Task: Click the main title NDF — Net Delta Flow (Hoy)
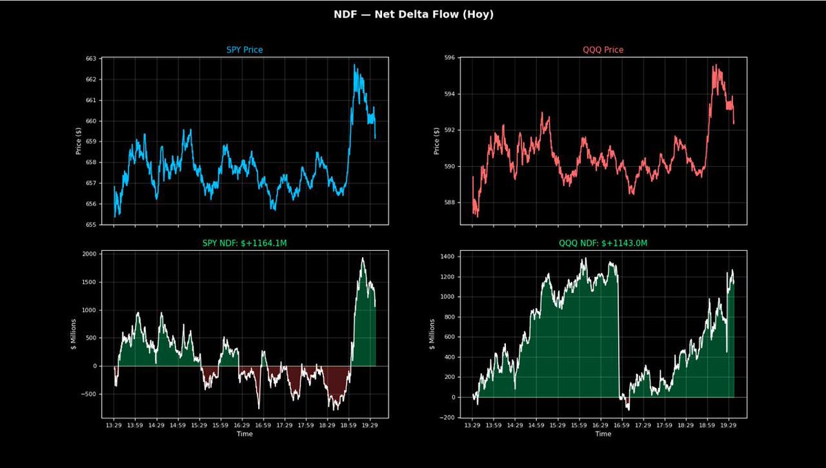413,14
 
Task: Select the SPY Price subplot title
244,50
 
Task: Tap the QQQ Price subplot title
603,50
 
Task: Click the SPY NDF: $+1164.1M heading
244,243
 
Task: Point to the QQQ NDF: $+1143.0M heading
603,243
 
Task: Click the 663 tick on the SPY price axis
90,59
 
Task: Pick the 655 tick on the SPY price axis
90,225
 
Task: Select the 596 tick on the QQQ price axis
449,58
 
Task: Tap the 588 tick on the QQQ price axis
449,203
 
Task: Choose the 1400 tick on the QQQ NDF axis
447,257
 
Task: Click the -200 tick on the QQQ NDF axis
447,418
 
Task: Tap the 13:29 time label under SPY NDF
114,426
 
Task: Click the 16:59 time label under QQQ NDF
622,426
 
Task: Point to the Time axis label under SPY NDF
244,435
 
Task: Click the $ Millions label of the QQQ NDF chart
433,335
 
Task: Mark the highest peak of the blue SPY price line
354,65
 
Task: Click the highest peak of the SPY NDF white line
363,258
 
